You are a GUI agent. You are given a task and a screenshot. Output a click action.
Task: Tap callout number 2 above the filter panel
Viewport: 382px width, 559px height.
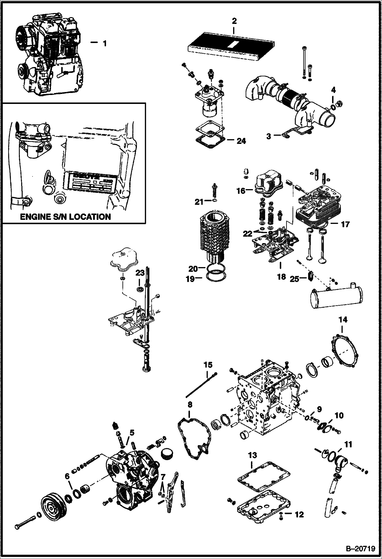[234, 21]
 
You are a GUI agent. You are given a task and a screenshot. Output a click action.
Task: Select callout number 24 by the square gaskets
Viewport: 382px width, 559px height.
[241, 141]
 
